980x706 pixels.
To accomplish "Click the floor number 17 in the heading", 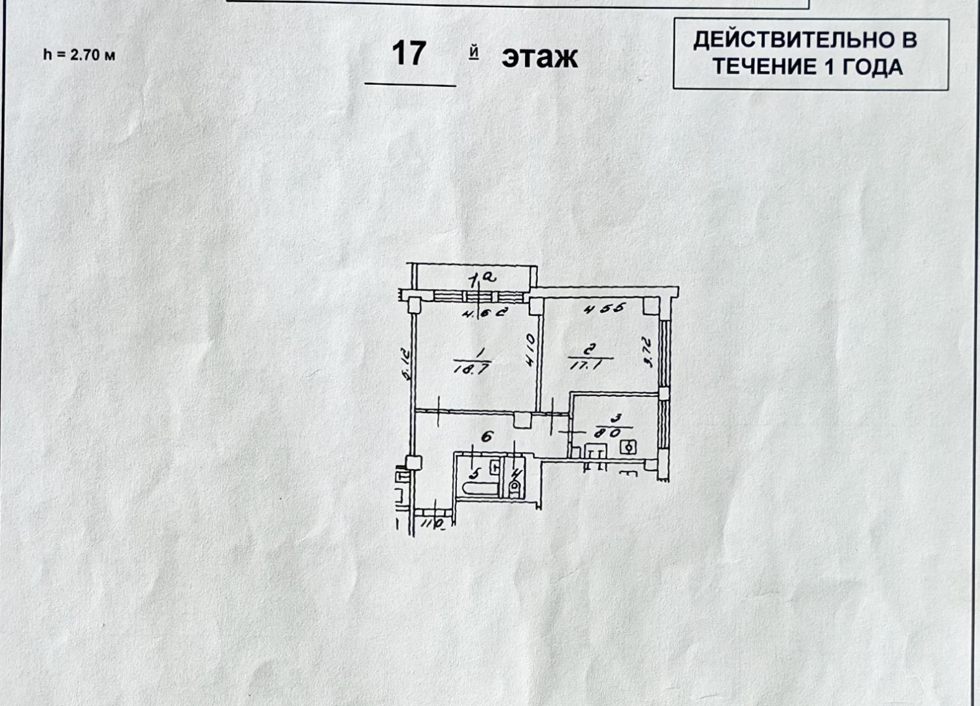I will coord(409,54).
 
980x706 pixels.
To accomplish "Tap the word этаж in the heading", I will coord(539,58).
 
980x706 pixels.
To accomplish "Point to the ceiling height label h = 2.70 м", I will coord(79,55).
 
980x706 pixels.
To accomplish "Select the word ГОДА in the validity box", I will coord(872,67).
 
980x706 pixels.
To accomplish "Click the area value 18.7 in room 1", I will coord(471,368).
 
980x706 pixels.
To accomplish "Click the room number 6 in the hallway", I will coord(487,437).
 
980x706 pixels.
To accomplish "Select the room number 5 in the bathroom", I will coord(475,471).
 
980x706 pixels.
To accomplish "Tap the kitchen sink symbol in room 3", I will coord(595,450).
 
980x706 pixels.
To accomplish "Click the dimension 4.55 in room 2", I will coord(605,309).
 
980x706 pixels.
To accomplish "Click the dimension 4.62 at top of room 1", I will coord(484,312).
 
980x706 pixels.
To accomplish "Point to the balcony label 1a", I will coord(483,278).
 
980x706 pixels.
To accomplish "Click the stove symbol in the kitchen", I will coord(628,447).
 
